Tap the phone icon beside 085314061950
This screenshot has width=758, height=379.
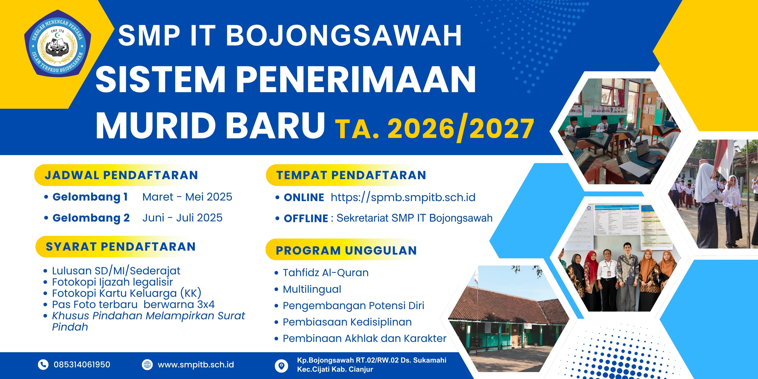pyautogui.click(x=43, y=365)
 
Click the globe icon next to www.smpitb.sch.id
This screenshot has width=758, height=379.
pyautogui.click(x=147, y=365)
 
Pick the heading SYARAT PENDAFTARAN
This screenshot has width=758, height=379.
pyautogui.click(x=121, y=247)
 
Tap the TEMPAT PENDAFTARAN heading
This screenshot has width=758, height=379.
pyautogui.click(x=351, y=175)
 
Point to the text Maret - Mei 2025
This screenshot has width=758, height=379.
pyautogui.click(x=187, y=197)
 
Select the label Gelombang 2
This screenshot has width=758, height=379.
pyautogui.click(x=91, y=218)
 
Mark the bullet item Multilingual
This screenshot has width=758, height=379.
pyautogui.click(x=312, y=289)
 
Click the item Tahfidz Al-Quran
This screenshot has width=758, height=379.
pyautogui.click(x=326, y=273)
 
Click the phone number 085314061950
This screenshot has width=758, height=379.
pyautogui.click(x=82, y=365)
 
